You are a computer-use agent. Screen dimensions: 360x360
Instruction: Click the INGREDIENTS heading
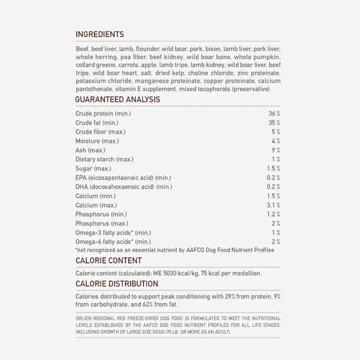pyautogui.click(x=100, y=35)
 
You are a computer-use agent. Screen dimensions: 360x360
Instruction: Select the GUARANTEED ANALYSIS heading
pyautogui.click(x=118, y=100)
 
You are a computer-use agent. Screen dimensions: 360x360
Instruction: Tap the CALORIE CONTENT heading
pyautogui.click(x=109, y=261)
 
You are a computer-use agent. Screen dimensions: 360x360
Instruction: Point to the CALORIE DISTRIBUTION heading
pyautogui.click(x=117, y=284)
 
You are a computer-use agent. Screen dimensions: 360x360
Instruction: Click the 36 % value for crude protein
pyautogui.click(x=274, y=114)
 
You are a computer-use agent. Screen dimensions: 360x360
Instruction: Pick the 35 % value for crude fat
pyautogui.click(x=274, y=123)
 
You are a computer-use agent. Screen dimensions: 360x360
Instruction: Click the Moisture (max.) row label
pyautogui.click(x=97, y=141)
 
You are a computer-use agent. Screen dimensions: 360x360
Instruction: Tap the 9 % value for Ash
pyautogui.click(x=276, y=150)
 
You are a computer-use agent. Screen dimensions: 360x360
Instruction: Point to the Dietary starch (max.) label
pyautogui.click(x=104, y=159)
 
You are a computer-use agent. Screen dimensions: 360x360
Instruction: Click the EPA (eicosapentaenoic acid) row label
pyautogui.click(x=123, y=178)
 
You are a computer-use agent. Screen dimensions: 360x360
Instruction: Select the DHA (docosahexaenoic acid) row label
pyautogui.click(x=123, y=187)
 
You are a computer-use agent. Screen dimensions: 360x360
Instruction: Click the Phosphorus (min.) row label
pyautogui.click(x=101, y=214)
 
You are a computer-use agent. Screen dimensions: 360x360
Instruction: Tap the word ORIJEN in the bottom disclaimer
pyautogui.click(x=84, y=319)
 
